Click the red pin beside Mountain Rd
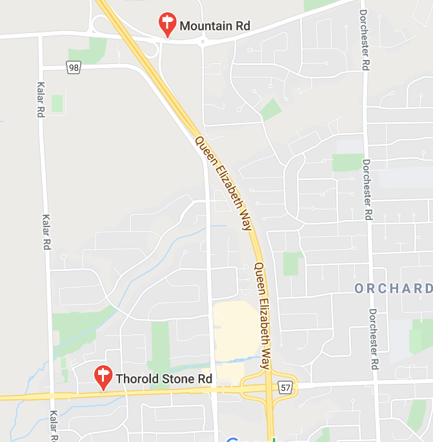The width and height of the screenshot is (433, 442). [x=167, y=25]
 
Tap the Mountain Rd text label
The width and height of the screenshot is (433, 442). [x=214, y=26]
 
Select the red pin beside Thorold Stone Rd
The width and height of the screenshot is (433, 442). [x=103, y=377]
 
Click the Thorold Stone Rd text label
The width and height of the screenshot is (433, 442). [x=164, y=379]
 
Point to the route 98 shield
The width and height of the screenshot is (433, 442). [x=73, y=66]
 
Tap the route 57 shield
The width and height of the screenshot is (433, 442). [x=287, y=387]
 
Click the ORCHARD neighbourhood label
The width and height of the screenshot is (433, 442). [x=393, y=288]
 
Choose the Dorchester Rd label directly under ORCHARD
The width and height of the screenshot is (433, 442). [x=374, y=339]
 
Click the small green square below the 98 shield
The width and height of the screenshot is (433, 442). [x=57, y=103]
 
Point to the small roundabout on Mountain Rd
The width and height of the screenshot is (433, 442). [x=203, y=42]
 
